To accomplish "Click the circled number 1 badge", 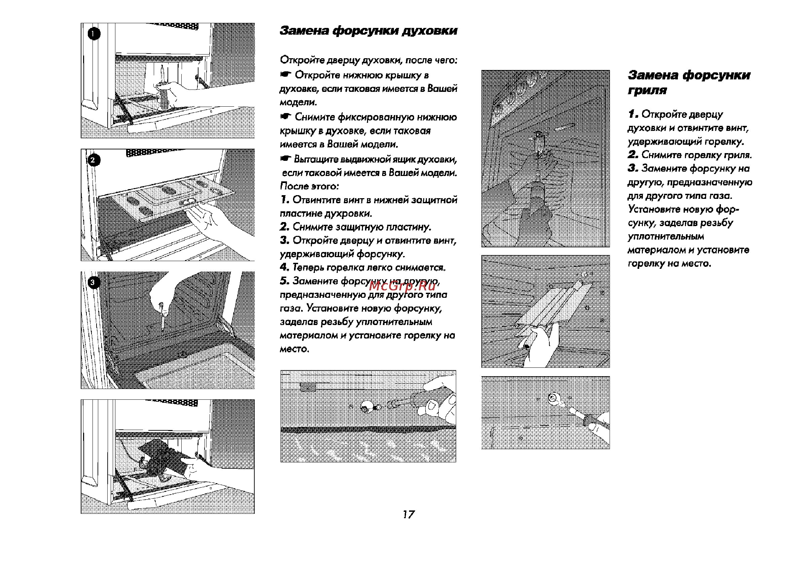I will click(94, 34).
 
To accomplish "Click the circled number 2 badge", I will click(93, 160).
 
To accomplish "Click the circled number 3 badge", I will click(93, 282).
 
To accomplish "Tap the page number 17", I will click(408, 515).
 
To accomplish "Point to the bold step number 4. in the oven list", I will click(284, 267).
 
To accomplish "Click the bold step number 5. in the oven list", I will click(284, 281).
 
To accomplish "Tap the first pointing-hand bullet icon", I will click(286, 75).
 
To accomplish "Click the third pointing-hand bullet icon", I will click(286, 159).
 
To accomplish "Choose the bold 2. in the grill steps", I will click(633, 155).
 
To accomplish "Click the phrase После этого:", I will click(309, 186).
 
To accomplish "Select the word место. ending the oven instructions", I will click(295, 349).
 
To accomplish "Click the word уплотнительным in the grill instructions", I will click(666, 237).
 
